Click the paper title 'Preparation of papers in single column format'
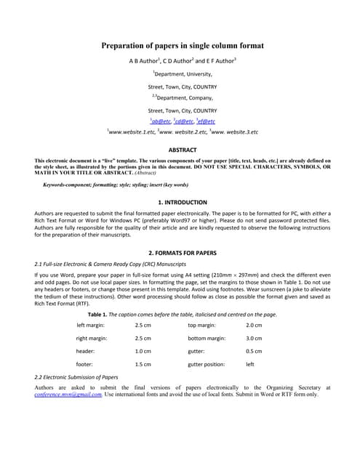coord(183,46)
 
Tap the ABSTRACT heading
coord(183,150)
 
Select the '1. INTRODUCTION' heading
coord(183,202)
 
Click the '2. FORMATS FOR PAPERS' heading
coord(183,252)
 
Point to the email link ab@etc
coord(158,121)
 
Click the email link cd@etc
coord(183,121)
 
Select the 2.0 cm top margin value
coord(254,325)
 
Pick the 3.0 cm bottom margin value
coord(254,339)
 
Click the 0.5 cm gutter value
coord(254,352)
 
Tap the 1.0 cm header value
coord(143,352)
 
